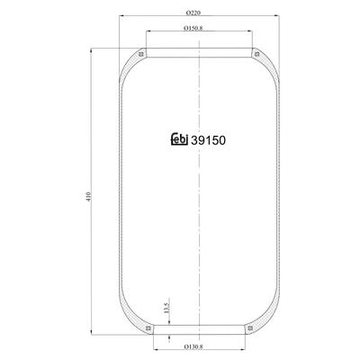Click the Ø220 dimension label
193,13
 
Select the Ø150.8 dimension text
193,28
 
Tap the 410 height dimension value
88,196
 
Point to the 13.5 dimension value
167,308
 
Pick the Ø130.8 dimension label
193,346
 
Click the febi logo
179,139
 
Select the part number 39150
208,140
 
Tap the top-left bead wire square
141,54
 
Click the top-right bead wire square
256,54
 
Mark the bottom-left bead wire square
148,328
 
